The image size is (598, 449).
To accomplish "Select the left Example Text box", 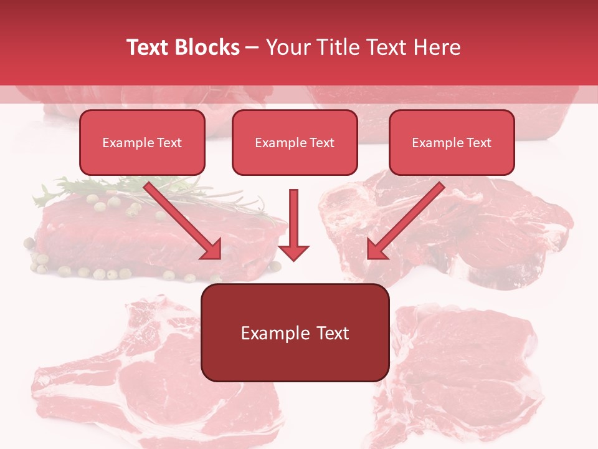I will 142,142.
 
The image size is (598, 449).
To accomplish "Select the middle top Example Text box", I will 295,142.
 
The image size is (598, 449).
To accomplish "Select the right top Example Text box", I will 452,142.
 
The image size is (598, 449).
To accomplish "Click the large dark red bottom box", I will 295,332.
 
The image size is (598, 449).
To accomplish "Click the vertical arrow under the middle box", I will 293,218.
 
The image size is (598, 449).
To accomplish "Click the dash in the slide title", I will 252,47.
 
